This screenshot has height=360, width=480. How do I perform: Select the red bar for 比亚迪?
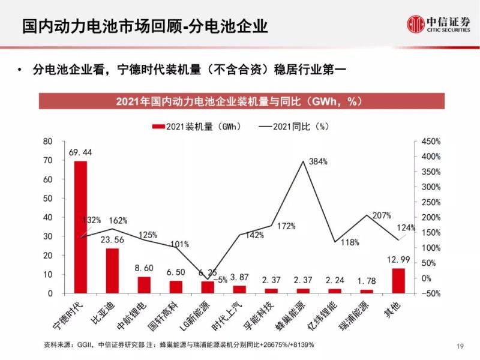(112, 271)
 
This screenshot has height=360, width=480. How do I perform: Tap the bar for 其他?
(398, 280)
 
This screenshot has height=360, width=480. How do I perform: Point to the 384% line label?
(319, 161)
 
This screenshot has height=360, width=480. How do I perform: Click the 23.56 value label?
(112, 241)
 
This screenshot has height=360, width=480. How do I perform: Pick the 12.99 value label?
(398, 259)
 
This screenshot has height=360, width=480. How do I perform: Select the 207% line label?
(381, 215)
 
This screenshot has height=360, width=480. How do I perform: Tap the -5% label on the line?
(221, 279)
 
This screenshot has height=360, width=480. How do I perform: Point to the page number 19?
(461, 346)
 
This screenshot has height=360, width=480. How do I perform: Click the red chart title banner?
(239, 101)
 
